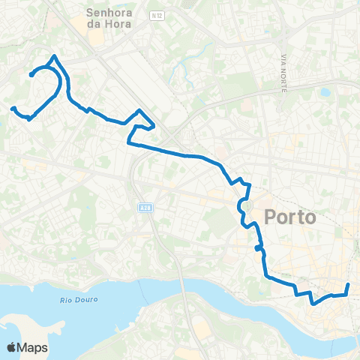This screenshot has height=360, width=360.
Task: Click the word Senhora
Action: [109, 13]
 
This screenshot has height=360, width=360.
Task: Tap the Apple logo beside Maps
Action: [11, 347]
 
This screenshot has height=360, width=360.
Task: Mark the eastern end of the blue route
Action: [349, 285]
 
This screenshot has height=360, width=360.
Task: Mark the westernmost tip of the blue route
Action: [12, 109]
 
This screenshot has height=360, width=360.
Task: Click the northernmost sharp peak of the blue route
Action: [53, 55]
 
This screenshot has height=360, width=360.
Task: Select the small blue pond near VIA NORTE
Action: [324, 94]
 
